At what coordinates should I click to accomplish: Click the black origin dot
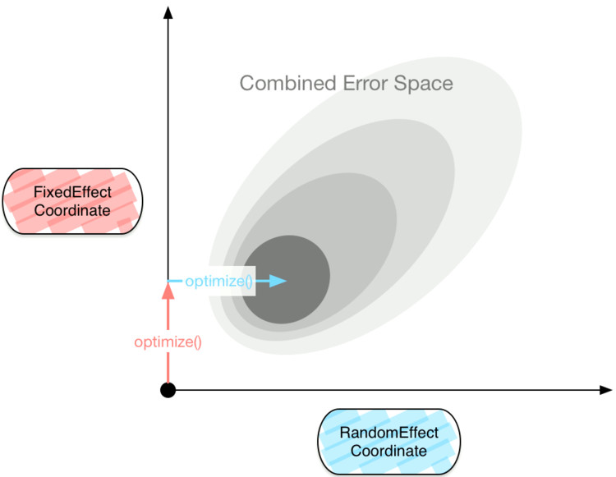pyautogui.click(x=168, y=390)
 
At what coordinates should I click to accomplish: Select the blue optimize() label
pyautogui.click(x=218, y=282)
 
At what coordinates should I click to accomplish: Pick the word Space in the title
pyautogui.click(x=426, y=83)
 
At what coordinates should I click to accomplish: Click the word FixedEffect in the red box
pyautogui.click(x=72, y=194)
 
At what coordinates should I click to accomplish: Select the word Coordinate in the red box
pyautogui.click(x=72, y=212)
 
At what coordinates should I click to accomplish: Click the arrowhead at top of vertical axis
pyautogui.click(x=168, y=11)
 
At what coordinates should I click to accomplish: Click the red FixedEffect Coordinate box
pyautogui.click(x=72, y=203)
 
